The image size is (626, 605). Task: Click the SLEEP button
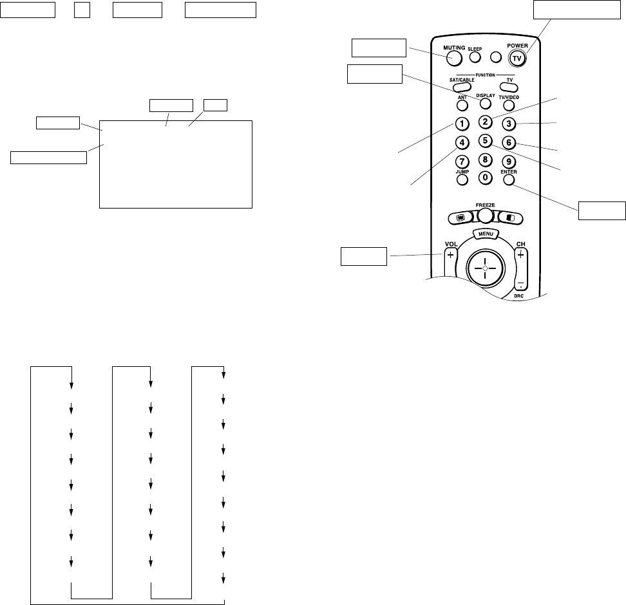tap(475, 57)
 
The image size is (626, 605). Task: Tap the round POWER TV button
tap(516, 57)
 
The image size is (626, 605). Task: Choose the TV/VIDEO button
tap(509, 104)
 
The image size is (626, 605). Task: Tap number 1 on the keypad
tap(461, 124)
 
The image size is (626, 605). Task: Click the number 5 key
tap(486, 140)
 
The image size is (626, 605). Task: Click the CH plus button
tap(521, 255)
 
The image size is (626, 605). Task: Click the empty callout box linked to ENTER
tap(602, 210)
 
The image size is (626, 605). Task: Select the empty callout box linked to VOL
tap(364, 256)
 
